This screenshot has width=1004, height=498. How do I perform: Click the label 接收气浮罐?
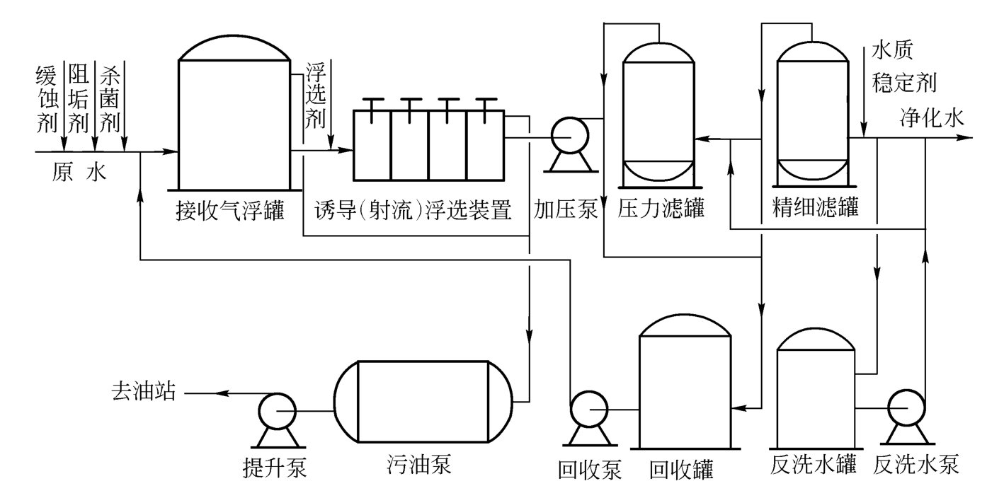tap(229, 210)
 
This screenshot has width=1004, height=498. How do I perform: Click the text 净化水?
tap(932, 118)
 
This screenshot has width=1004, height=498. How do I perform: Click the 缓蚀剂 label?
tap(46, 99)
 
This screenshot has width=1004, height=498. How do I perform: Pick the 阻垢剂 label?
tap(77, 99)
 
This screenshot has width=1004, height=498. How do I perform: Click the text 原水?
tap(79, 172)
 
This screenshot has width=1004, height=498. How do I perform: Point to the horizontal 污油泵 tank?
tap(423, 402)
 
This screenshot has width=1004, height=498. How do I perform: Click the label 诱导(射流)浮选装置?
tap(413, 210)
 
